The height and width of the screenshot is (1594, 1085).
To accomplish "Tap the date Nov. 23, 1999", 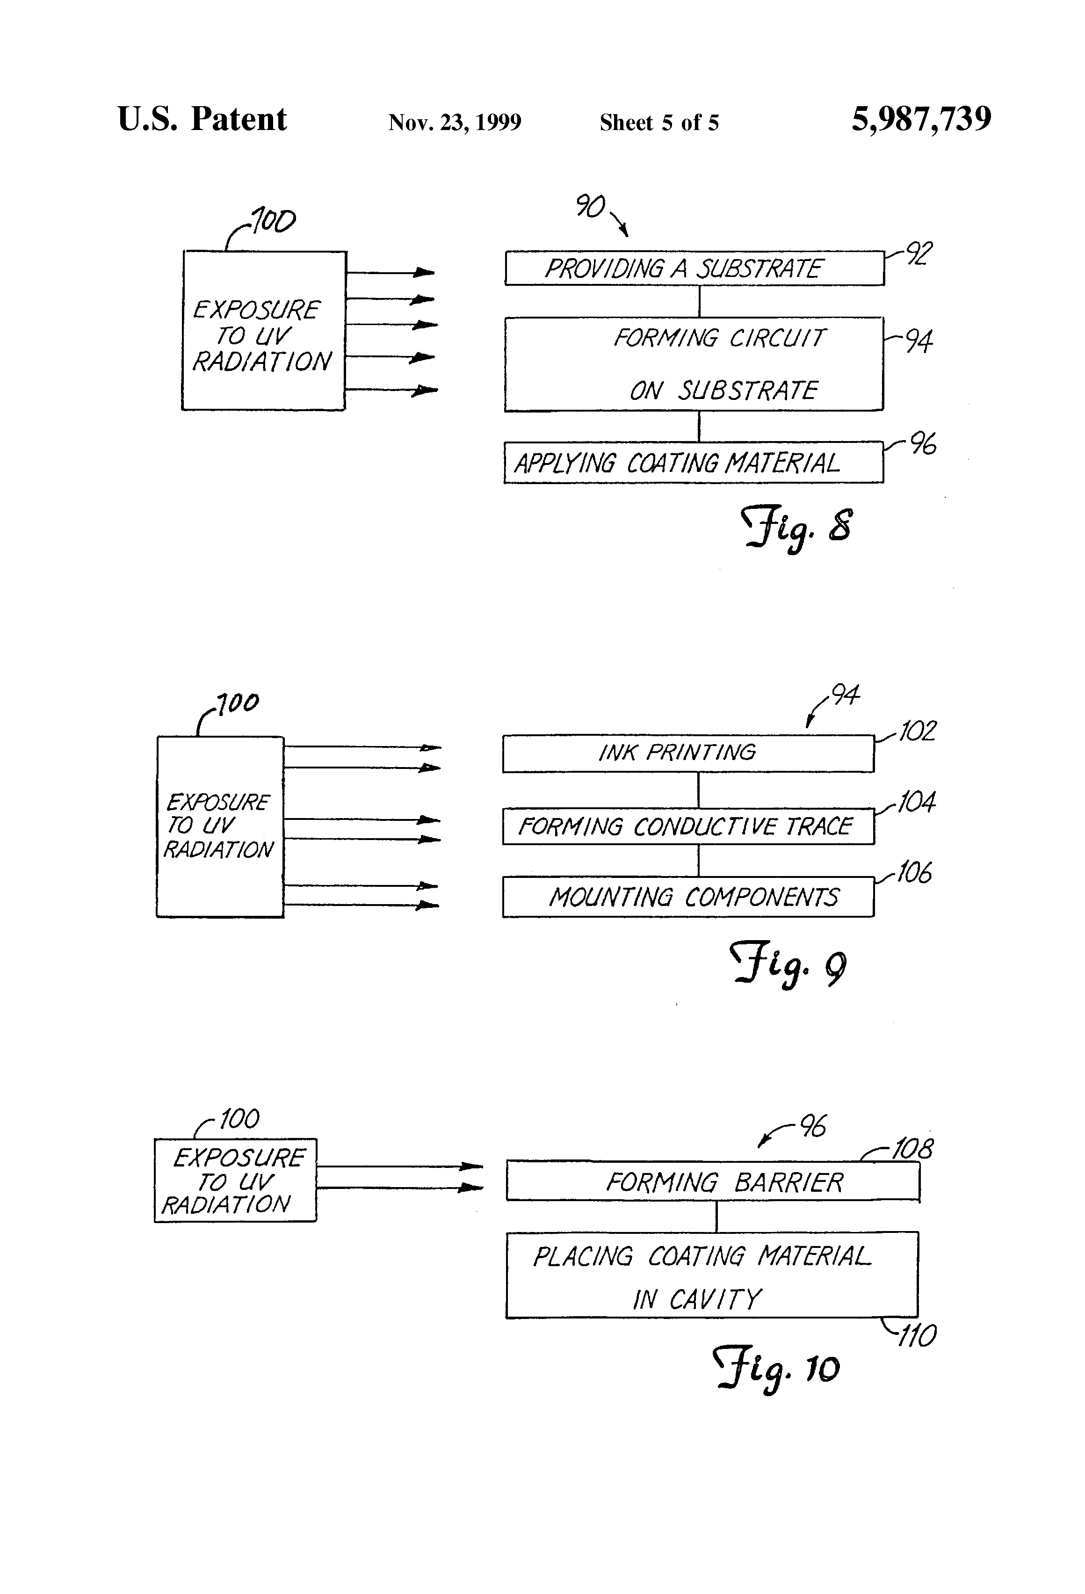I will (455, 123).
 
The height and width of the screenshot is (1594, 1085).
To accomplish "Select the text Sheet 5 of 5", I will (659, 123).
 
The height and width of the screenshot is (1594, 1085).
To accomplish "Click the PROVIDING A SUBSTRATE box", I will (694, 268).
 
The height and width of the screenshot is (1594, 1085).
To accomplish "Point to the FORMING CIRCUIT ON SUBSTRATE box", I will (694, 364).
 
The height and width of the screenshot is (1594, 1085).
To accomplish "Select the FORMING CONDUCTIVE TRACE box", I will (688, 826).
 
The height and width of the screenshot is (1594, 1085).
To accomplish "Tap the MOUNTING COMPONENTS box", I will (688, 897).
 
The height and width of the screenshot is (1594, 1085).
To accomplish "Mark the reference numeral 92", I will (919, 254).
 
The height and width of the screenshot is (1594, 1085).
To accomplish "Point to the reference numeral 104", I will (916, 802).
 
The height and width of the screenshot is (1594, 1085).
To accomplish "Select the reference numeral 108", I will (912, 1149).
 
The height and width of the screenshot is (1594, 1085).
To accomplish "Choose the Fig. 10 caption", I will (776, 1369).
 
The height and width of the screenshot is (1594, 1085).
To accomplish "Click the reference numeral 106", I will (914, 872).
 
